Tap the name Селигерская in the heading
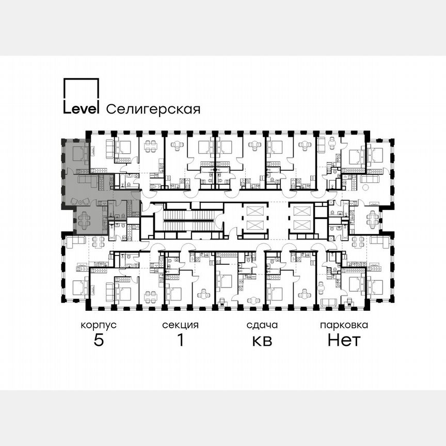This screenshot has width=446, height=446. click(153, 109)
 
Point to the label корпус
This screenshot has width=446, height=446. click(98, 325)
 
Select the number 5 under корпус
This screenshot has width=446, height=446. click(98, 341)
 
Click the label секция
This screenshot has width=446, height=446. click(180, 325)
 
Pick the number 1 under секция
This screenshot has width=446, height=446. click(180, 341)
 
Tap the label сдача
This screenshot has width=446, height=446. click(262, 325)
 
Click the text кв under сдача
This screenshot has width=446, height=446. click(262, 341)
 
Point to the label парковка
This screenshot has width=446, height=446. click(344, 325)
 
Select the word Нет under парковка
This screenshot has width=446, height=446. click(344, 341)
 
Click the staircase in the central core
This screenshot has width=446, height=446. click(188, 220)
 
